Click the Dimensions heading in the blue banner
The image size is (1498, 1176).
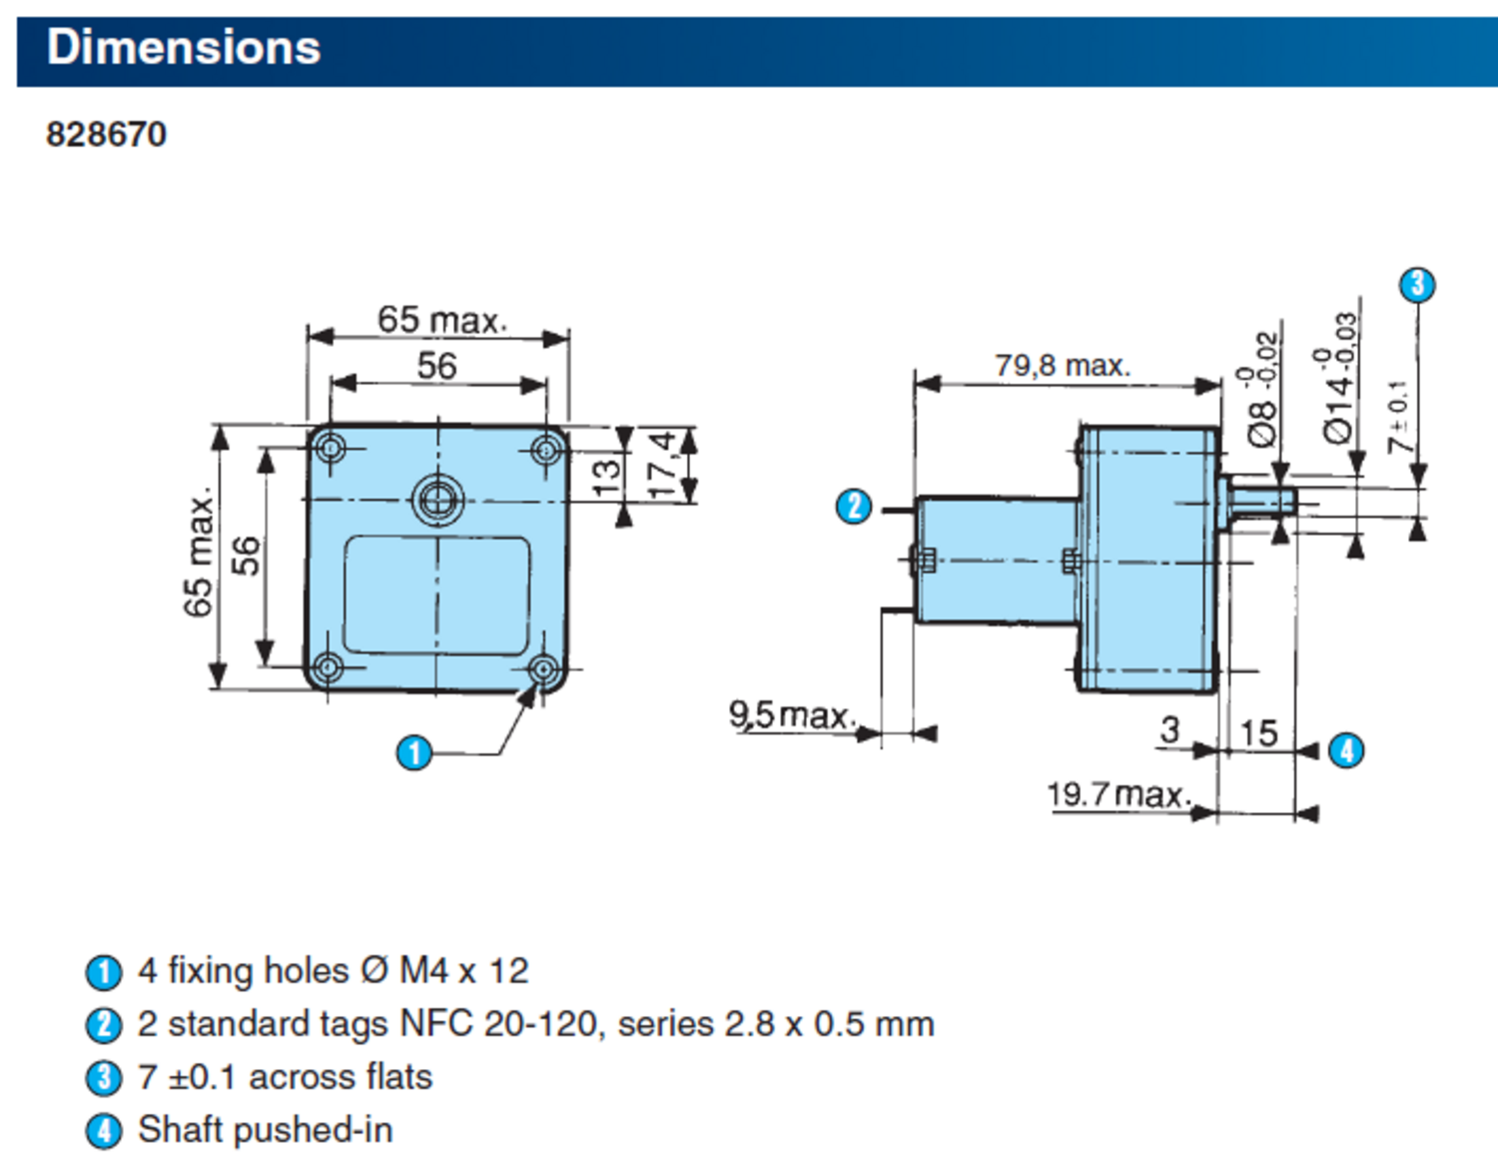pyautogui.click(x=184, y=48)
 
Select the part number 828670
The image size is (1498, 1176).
pyautogui.click(x=106, y=134)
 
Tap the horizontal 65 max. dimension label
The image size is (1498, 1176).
pyautogui.click(x=441, y=320)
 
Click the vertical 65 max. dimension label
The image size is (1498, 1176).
pyautogui.click(x=199, y=553)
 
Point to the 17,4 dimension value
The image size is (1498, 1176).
pyautogui.click(x=662, y=464)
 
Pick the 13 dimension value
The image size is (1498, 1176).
pyautogui.click(x=606, y=476)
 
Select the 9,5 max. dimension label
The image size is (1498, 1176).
pyautogui.click(x=792, y=714)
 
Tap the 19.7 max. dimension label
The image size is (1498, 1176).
pyautogui.click(x=1119, y=794)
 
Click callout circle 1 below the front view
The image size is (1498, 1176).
pyautogui.click(x=414, y=752)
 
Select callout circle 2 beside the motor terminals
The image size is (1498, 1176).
pyautogui.click(x=854, y=507)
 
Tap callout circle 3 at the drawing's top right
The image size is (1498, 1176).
pyautogui.click(x=1417, y=285)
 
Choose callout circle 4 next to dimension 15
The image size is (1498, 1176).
pyautogui.click(x=1346, y=749)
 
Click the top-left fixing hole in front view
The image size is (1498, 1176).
pyautogui.click(x=331, y=448)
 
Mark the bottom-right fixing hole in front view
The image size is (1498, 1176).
pyautogui.click(x=543, y=668)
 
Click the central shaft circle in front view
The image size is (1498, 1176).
pyautogui.click(x=437, y=498)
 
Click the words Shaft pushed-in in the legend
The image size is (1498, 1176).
pyautogui.click(x=266, y=1130)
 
